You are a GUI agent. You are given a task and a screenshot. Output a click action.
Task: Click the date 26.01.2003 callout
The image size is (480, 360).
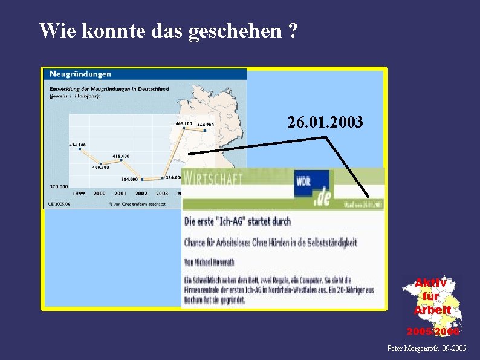point(325,123)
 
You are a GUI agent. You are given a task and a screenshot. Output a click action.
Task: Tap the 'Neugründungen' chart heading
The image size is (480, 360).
point(80,74)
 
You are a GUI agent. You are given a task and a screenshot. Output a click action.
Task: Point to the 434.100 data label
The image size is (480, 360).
point(77,145)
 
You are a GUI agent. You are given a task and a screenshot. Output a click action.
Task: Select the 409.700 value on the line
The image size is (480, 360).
point(100,167)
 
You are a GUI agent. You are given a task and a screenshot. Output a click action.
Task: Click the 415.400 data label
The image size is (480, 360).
point(120,156)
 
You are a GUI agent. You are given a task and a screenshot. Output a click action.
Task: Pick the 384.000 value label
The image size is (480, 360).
point(129,179)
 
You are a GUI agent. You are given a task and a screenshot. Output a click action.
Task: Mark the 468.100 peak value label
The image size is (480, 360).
point(184,123)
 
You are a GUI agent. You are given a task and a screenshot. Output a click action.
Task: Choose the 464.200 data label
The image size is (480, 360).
point(206,125)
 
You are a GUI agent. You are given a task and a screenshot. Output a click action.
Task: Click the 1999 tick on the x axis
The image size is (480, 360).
point(79,194)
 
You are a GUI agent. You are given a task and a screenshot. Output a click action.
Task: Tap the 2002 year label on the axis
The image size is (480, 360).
point(141,194)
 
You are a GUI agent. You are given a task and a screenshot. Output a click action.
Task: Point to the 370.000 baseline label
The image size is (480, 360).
point(57,186)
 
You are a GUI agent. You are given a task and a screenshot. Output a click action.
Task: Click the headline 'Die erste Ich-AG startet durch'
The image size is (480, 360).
point(238,221)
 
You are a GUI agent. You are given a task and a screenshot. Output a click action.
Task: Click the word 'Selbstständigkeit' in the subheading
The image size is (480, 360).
point(328,243)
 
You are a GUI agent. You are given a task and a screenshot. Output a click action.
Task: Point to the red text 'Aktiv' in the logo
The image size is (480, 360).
point(431,283)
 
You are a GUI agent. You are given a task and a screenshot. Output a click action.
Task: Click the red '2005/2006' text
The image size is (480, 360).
point(433,332)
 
